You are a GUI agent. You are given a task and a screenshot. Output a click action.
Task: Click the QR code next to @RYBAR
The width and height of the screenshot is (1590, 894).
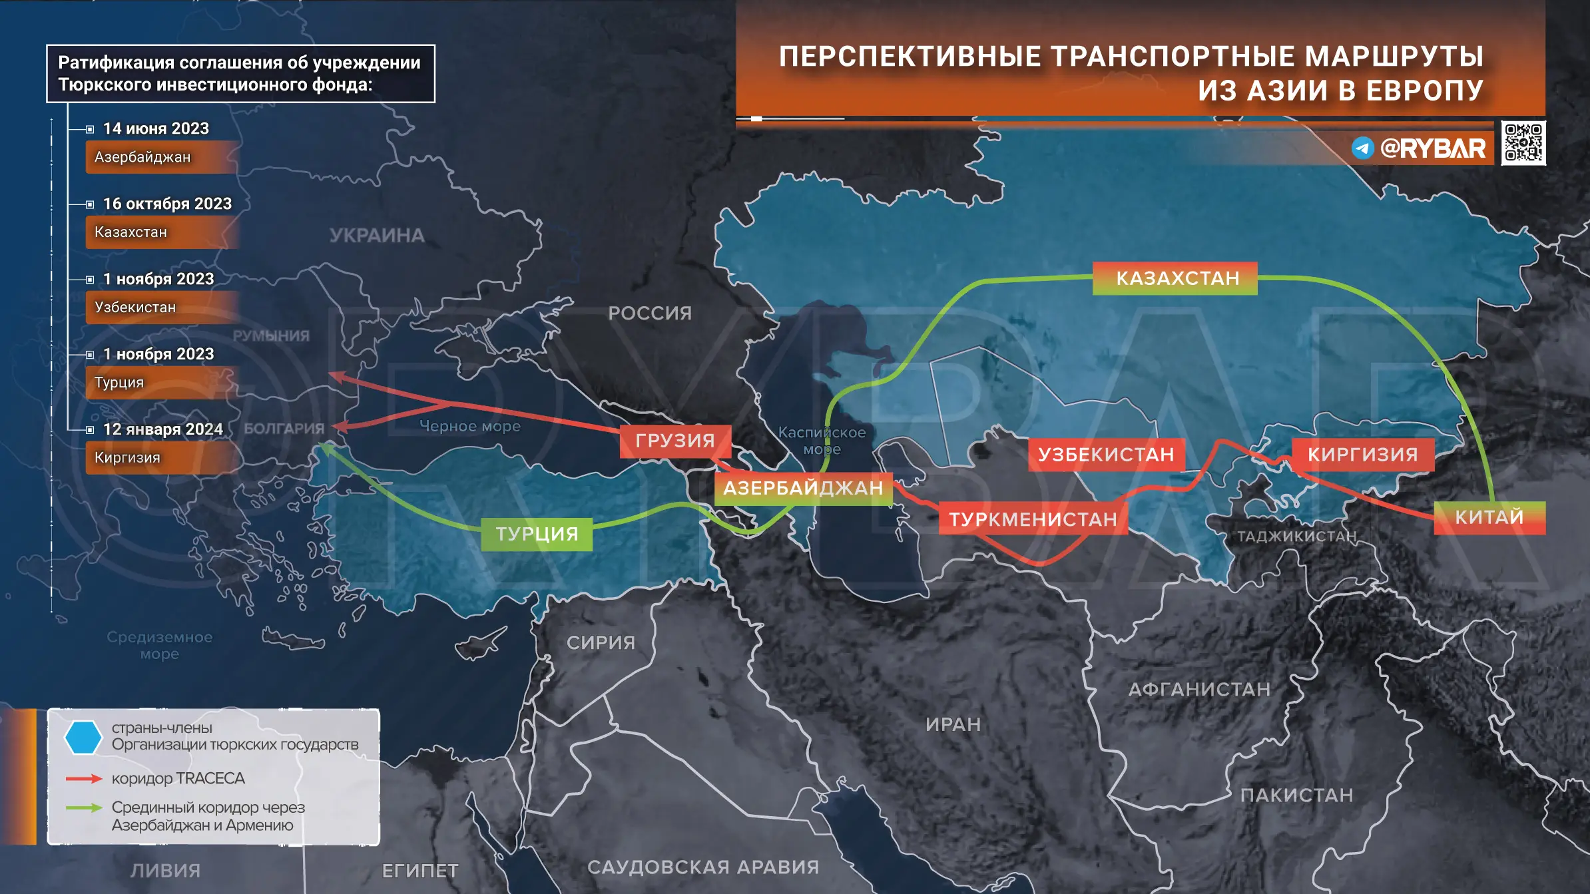(1523, 143)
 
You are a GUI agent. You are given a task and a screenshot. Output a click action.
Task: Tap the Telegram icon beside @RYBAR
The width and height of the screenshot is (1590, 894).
(1362, 148)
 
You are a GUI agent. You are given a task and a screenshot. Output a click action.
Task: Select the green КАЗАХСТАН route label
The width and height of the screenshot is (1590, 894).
(1176, 278)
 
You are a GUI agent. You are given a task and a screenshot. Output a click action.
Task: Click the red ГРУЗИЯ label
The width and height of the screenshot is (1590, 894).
(675, 441)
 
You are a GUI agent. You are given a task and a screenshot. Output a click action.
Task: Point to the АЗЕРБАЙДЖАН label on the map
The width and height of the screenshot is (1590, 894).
(803, 489)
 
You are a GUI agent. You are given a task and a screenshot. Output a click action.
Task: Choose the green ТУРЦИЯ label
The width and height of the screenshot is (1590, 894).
(537, 534)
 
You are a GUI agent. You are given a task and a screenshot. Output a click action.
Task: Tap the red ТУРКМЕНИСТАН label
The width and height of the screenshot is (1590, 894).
(1033, 519)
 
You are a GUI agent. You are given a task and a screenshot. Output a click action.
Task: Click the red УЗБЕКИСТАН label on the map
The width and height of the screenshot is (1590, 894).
(1106, 455)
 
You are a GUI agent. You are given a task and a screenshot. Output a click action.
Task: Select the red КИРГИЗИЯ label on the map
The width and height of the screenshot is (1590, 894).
(1362, 455)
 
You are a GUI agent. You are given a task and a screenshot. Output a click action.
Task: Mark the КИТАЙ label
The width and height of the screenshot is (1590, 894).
(1489, 517)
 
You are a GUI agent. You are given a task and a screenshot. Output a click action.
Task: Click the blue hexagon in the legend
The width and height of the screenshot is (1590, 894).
(83, 737)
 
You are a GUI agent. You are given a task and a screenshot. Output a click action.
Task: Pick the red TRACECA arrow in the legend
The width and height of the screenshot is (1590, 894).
(84, 778)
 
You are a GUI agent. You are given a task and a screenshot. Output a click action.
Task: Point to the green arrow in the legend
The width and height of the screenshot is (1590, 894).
(84, 807)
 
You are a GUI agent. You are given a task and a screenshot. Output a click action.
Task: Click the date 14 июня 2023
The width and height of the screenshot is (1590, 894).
(156, 128)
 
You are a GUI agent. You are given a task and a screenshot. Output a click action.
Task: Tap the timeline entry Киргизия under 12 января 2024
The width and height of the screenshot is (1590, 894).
(127, 458)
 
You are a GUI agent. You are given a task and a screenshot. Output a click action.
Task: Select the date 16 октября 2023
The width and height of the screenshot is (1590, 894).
(167, 204)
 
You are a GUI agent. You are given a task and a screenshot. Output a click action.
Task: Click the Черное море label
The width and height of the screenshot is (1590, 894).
(470, 427)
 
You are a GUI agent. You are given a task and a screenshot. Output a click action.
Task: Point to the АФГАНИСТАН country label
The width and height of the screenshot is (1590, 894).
(1199, 690)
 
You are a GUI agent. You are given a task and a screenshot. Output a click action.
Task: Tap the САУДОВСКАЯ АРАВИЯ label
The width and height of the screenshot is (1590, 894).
(703, 867)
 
